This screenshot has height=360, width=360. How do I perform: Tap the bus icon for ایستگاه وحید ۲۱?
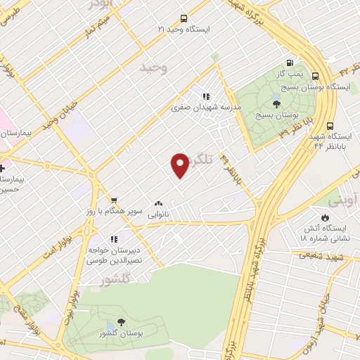pos(184,19)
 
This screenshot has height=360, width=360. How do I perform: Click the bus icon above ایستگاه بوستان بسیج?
pos(315,76)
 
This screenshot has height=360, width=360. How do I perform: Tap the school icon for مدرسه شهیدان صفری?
pos(205,96)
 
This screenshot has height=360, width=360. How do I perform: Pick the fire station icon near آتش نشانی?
pos(326,217)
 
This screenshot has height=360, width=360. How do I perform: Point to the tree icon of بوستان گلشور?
pos(121,321)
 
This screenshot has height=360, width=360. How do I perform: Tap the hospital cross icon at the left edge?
pos(2,169)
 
